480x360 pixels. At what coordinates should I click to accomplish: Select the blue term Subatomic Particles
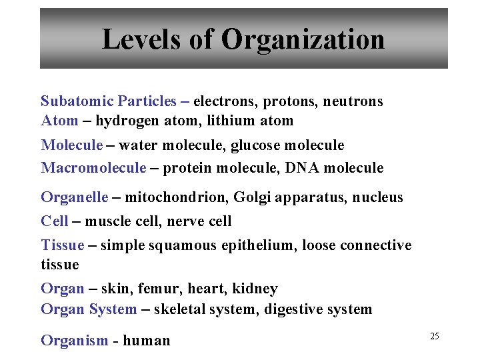point(109,101)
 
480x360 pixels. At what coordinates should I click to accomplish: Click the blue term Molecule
point(72,145)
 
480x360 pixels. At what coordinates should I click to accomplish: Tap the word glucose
point(256,145)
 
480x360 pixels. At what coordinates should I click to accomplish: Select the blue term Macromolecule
point(93,168)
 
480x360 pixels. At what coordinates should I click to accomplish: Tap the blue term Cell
point(54,221)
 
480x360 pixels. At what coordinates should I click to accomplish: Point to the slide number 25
point(434,336)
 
